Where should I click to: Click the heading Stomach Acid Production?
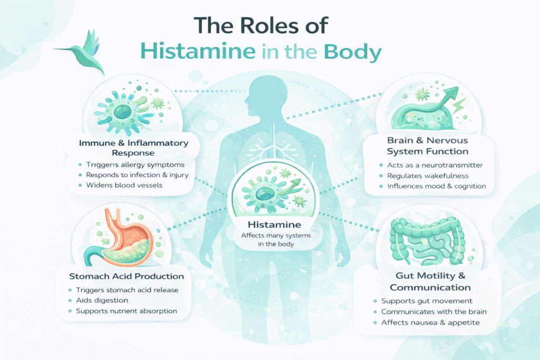(x=127, y=276)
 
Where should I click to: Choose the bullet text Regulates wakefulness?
(x=421, y=175)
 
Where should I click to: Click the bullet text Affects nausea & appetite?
(x=430, y=322)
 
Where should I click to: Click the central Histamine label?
(x=269, y=224)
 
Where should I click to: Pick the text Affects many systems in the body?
(x=269, y=240)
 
